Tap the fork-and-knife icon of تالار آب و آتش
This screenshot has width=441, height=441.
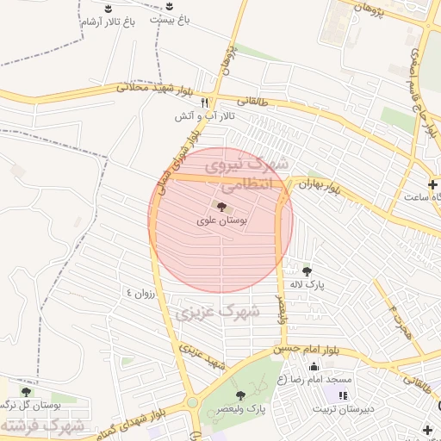204,102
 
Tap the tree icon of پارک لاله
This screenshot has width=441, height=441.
307,271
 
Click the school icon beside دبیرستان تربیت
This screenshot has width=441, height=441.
342,395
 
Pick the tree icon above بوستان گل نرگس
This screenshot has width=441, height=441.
25,392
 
